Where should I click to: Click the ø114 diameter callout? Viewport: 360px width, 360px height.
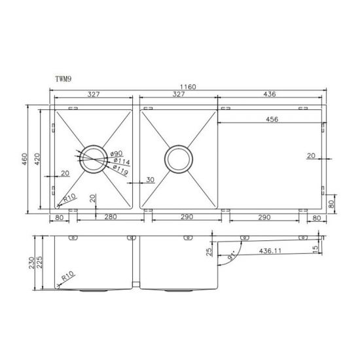(x=120, y=161)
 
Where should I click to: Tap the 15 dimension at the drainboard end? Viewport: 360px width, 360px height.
(x=315, y=249)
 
